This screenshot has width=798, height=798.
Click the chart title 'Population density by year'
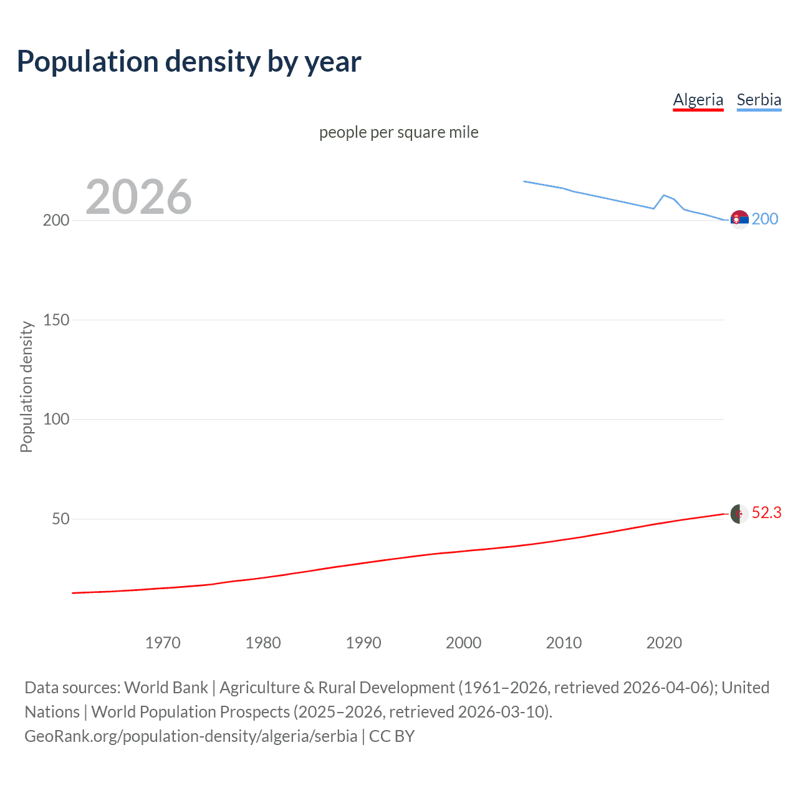[x=189, y=62]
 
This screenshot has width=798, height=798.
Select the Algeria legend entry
[x=698, y=100]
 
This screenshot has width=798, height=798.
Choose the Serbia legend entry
[x=759, y=100]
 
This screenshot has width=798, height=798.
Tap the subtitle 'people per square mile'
[x=398, y=132]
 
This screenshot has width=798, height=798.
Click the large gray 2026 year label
[x=138, y=197]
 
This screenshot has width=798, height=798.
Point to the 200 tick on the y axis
[x=56, y=221]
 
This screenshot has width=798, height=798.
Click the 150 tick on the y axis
[x=56, y=320]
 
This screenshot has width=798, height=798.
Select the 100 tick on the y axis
[x=56, y=420]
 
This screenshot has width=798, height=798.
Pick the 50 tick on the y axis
[x=60, y=519]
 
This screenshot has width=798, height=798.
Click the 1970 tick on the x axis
[x=163, y=643]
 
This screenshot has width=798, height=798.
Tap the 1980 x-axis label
[x=263, y=643]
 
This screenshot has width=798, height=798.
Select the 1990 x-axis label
[x=363, y=643]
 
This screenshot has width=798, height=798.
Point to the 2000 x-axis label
[x=463, y=643]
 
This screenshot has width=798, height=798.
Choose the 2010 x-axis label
[x=564, y=643]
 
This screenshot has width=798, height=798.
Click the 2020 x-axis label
[x=664, y=643]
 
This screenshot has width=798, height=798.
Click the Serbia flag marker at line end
[x=739, y=219]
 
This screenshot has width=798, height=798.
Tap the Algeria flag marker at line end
[x=739, y=514]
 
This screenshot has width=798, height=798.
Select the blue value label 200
[x=765, y=219]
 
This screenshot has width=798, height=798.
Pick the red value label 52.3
[x=766, y=512]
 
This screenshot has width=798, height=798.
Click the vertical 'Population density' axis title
[x=26, y=387]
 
